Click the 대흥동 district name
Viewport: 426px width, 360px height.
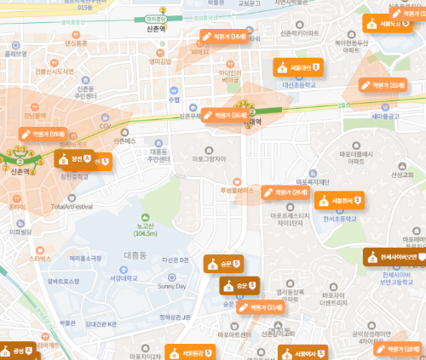point(135,254)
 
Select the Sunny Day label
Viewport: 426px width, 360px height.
point(171,286)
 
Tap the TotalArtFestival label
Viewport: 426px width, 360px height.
point(72,206)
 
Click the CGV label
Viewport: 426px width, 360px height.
point(106,126)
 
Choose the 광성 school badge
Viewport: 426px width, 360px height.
point(18,351)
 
